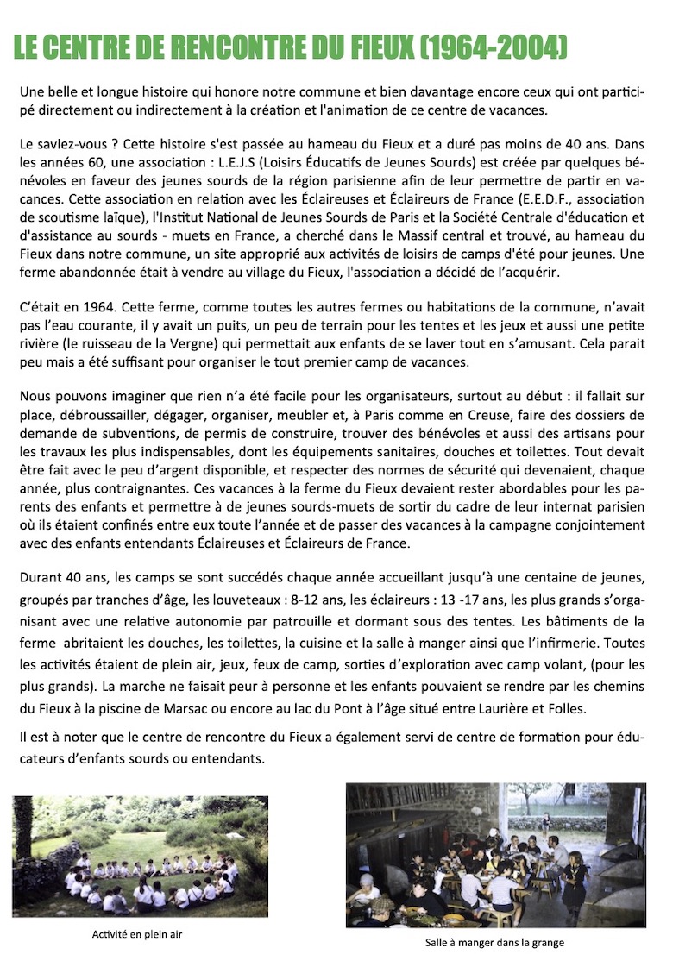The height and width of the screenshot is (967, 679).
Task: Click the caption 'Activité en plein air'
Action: point(138,934)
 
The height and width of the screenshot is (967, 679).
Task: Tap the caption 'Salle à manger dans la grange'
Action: point(494,943)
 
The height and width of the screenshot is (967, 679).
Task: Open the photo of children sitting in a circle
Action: point(140,857)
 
